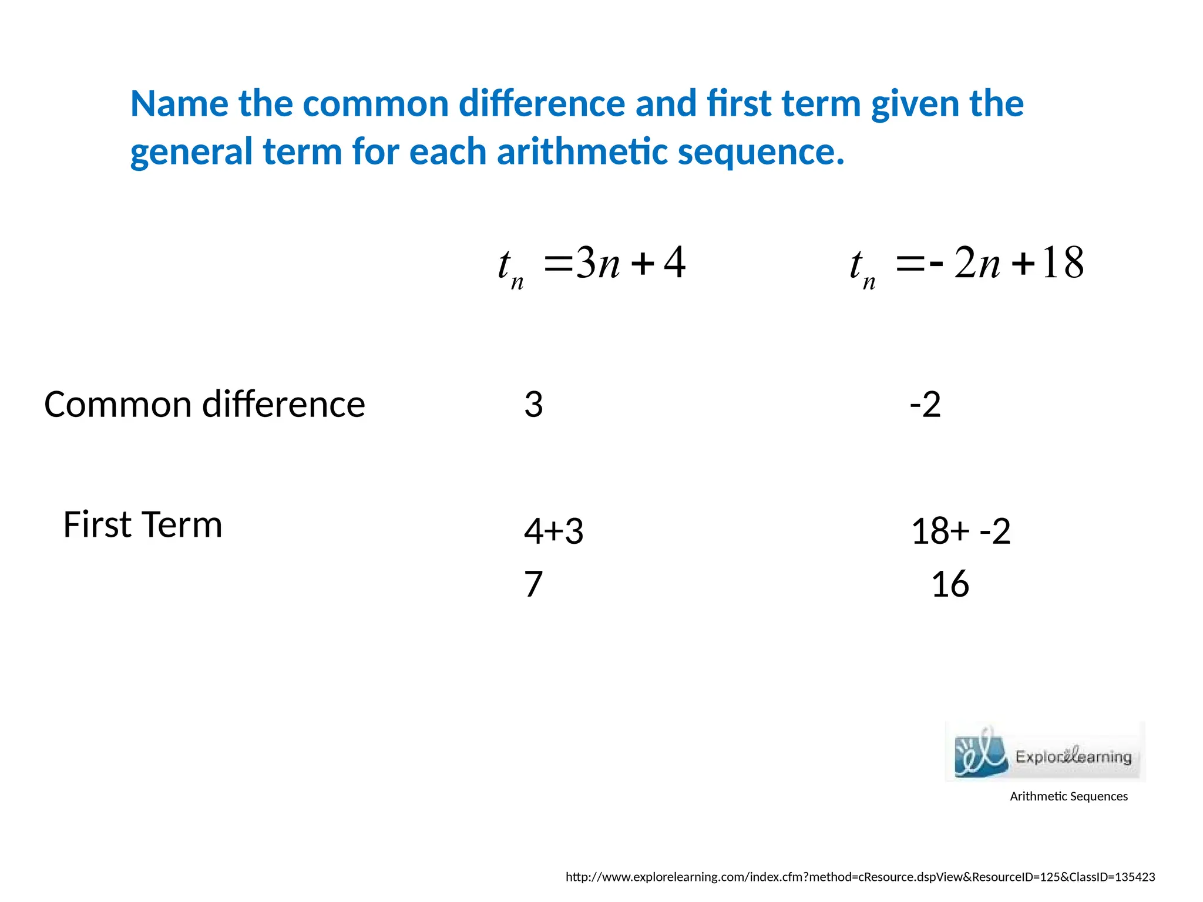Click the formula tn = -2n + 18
(x=966, y=264)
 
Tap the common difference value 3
(x=533, y=405)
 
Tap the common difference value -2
(x=925, y=405)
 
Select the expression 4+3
(x=553, y=531)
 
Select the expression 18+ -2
(x=960, y=531)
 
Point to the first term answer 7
(x=533, y=584)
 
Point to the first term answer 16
(x=950, y=584)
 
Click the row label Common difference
(x=204, y=405)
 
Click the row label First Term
(x=143, y=524)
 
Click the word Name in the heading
(x=179, y=104)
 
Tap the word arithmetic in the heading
(x=582, y=152)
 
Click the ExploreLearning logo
(x=1045, y=752)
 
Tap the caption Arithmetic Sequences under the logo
(x=1068, y=797)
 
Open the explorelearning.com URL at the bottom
(x=860, y=877)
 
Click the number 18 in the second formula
(x=1063, y=263)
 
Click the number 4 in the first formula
(x=674, y=263)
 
